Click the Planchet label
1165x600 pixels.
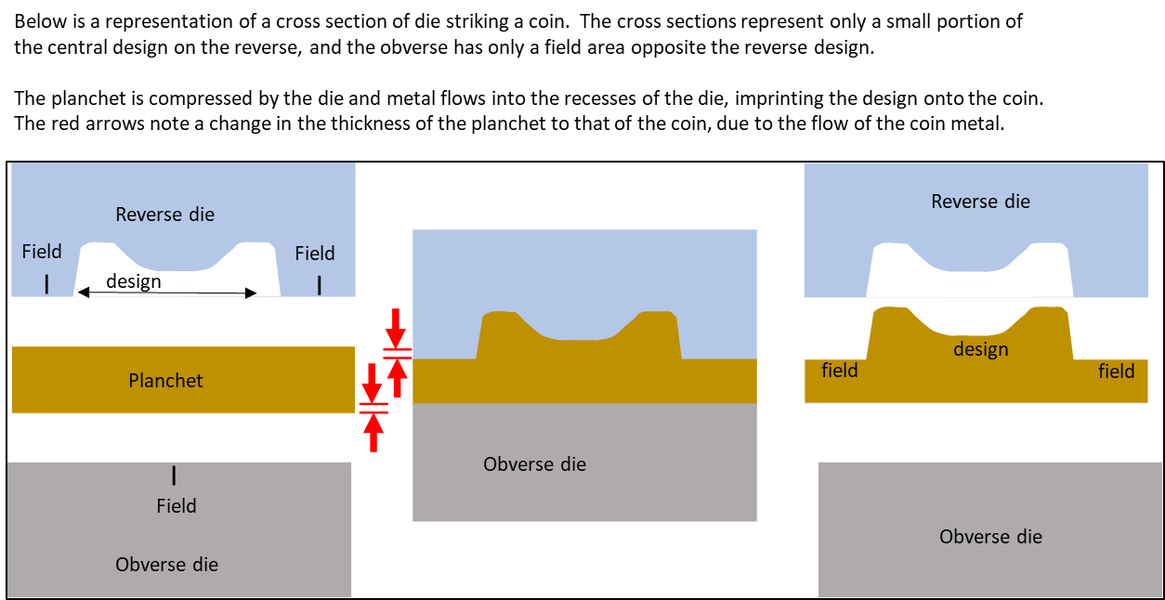165,381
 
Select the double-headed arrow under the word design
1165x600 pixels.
167,293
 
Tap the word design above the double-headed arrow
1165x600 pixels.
134,280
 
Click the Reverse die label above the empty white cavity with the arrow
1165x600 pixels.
164,215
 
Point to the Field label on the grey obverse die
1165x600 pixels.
177,506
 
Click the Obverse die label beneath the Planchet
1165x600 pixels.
167,565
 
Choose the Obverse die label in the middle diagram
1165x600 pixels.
535,464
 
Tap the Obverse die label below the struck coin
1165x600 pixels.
990,537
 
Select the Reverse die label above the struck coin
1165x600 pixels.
980,202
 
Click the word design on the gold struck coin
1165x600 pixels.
981,349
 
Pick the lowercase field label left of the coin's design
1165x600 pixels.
840,371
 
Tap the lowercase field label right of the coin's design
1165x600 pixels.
1117,372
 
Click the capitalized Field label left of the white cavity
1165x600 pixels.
42,253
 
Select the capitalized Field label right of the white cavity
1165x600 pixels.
315,254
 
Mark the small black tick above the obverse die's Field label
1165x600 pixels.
174,476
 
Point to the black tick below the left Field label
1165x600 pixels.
46,284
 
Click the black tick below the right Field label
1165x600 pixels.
320,284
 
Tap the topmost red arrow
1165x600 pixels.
396,327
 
